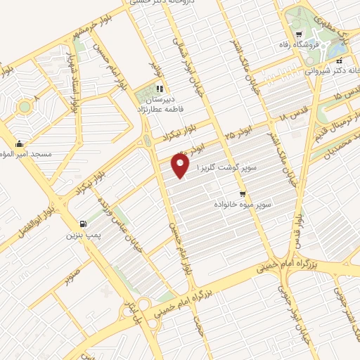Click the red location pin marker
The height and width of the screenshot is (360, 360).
point(181,165)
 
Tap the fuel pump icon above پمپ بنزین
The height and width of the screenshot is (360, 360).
point(84,223)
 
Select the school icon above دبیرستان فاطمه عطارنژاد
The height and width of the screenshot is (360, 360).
point(159,89)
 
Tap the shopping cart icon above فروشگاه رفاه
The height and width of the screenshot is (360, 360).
point(300,34)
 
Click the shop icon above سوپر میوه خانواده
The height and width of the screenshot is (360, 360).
point(242,194)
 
